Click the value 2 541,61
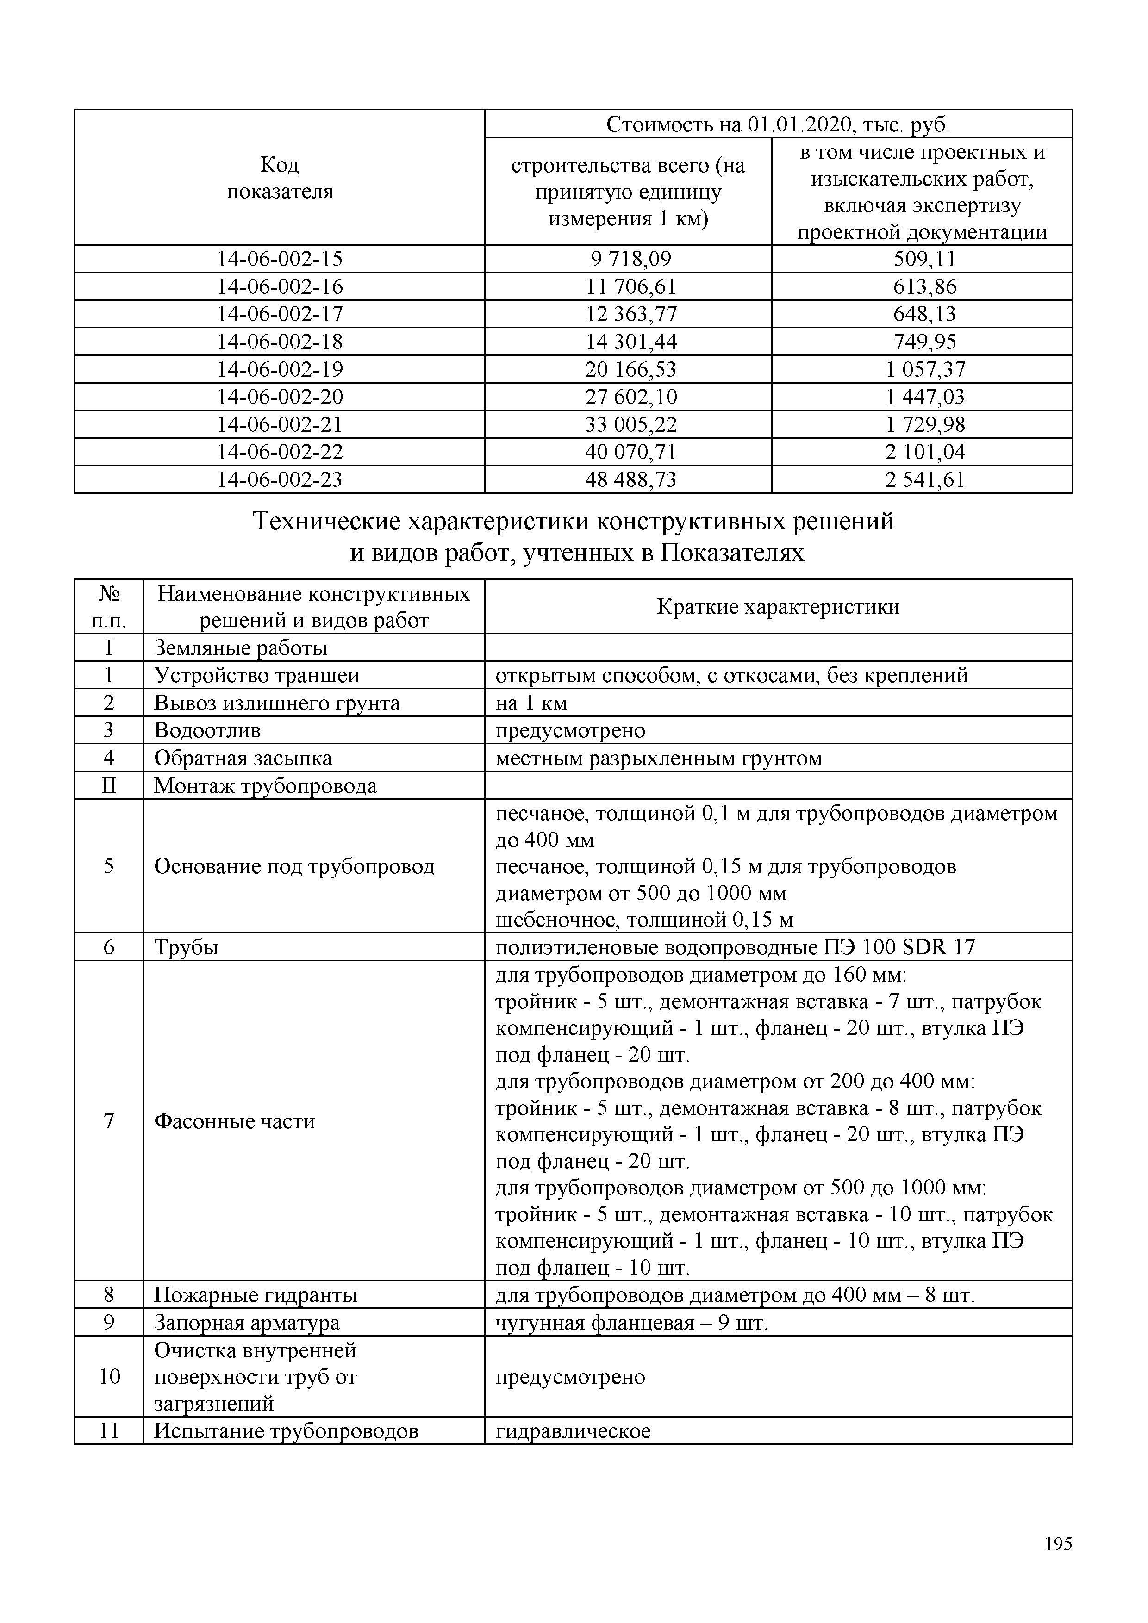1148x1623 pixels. tap(924, 480)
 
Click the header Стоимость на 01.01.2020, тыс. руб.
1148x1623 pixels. tap(778, 125)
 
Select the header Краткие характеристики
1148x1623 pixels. tap(778, 607)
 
